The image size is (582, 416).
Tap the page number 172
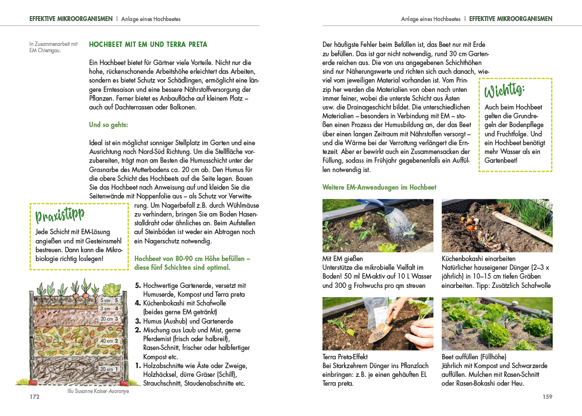point(34,397)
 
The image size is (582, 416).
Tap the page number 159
point(547,397)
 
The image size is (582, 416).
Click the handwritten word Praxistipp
point(60,215)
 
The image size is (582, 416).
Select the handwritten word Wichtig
point(504,91)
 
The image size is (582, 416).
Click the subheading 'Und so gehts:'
point(108,125)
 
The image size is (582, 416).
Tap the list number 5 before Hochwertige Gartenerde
point(138,285)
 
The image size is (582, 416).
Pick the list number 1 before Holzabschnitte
point(138,366)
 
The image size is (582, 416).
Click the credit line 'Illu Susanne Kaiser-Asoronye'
point(98,391)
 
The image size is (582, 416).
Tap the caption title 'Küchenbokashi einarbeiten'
point(478,259)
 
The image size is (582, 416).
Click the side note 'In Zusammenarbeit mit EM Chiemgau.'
point(53,47)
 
